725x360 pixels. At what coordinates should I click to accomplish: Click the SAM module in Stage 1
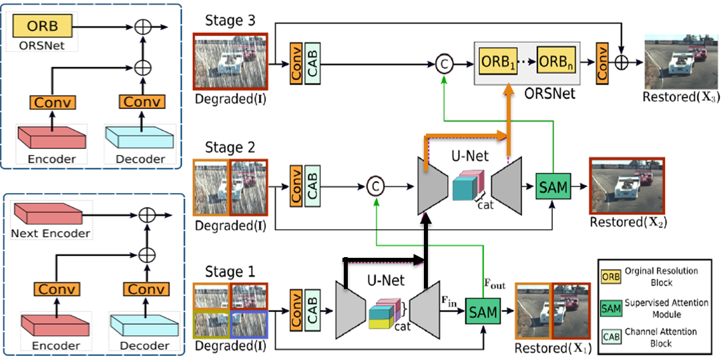[x=482, y=312]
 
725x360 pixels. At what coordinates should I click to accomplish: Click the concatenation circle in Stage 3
[x=443, y=64]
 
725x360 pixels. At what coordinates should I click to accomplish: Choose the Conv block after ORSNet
[x=602, y=63]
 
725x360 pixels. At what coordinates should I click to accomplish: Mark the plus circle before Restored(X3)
[x=622, y=64]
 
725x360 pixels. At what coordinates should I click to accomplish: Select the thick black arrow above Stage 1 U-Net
[x=385, y=259]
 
